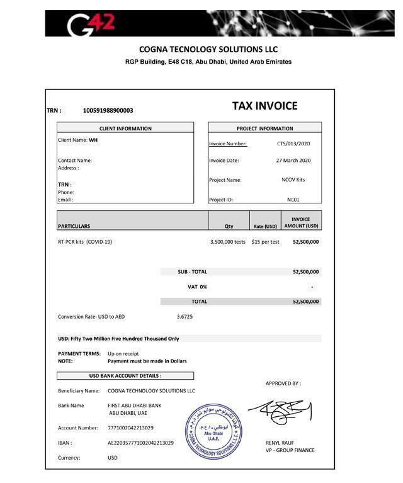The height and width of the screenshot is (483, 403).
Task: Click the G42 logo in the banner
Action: pyautogui.click(x=91, y=24)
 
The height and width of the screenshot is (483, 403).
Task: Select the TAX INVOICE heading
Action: pyautogui.click(x=264, y=106)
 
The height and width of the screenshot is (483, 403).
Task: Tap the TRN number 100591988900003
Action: pyautogui.click(x=108, y=111)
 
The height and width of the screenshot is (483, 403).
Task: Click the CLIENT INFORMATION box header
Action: pyautogui.click(x=125, y=128)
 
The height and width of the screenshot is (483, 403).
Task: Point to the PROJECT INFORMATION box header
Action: pyautogui.click(x=264, y=128)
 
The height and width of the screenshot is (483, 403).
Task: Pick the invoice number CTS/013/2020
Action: pyautogui.click(x=293, y=144)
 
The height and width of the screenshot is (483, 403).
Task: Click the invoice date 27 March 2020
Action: pyautogui.click(x=293, y=161)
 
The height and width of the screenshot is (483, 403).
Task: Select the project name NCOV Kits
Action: pyautogui.click(x=293, y=180)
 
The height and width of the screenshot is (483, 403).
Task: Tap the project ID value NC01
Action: pyautogui.click(x=293, y=200)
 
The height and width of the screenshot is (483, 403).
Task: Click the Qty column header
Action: pyautogui.click(x=229, y=226)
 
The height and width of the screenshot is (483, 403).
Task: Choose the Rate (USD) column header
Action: pyautogui.click(x=265, y=226)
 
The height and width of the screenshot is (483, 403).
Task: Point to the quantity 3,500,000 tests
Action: pyautogui.click(x=228, y=241)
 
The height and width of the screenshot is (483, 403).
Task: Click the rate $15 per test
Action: pyautogui.click(x=265, y=241)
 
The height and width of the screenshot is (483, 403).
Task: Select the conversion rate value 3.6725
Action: pyautogui.click(x=184, y=317)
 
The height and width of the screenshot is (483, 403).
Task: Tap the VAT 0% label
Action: pyautogui.click(x=197, y=287)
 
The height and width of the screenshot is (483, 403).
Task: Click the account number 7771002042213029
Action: pyautogui.click(x=130, y=428)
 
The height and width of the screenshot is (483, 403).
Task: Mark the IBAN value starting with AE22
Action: pyautogui.click(x=140, y=443)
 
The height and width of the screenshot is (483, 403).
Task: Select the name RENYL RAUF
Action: pyautogui.click(x=280, y=443)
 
